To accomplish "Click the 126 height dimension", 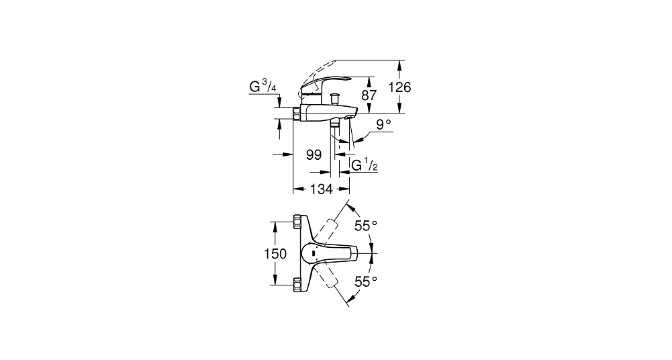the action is [399, 87].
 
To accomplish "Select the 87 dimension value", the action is [369, 95].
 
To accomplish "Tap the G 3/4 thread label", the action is [262, 87].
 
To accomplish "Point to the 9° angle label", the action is [383, 124].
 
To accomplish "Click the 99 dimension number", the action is [314, 154].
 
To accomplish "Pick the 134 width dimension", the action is [322, 189].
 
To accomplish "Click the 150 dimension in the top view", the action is [275, 254].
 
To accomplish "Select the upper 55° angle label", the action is [366, 226].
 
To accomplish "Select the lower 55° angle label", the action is [366, 281].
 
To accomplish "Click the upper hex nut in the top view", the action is [297, 222].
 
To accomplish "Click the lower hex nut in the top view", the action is [297, 285].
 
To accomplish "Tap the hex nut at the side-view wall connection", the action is [297, 113].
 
